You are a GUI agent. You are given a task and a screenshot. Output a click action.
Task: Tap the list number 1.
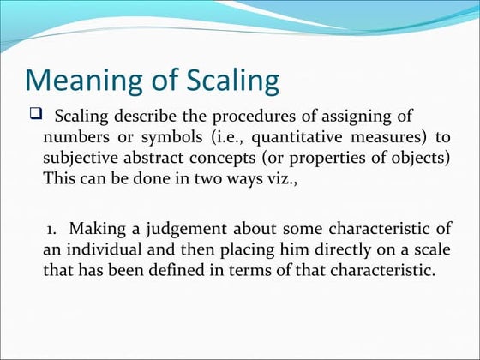point(52,230)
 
